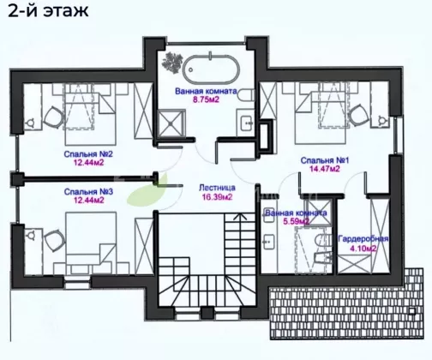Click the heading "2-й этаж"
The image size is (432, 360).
tap(48, 11)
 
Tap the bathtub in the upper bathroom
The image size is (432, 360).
tap(211, 69)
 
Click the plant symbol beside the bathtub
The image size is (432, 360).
tap(172, 63)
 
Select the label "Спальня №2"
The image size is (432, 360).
tap(88, 154)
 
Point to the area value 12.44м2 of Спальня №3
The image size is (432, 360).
tap(89, 200)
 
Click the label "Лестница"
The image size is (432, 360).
tap(217, 188)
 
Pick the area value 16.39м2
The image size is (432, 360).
tap(217, 197)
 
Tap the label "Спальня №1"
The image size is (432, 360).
tap(325, 160)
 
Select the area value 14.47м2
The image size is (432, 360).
tap(325, 169)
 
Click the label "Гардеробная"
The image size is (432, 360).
tap(363, 239)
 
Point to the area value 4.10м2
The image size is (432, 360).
tap(363, 249)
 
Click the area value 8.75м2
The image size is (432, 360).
tap(206, 99)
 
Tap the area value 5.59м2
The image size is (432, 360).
tap(296, 222)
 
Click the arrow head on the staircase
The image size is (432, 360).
tap(240, 216)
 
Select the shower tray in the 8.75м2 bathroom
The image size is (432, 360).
tap(171, 123)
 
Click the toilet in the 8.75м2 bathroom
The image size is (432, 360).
tap(246, 94)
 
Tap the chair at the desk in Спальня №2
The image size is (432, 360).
tap(53, 117)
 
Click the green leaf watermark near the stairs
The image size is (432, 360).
tap(147, 190)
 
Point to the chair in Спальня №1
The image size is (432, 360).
tap(357, 115)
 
